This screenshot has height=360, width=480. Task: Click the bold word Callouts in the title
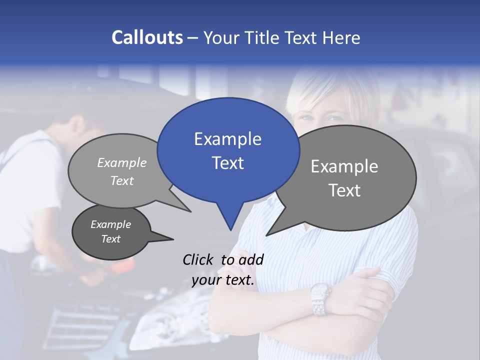(147, 37)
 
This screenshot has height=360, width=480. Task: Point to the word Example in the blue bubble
(227, 139)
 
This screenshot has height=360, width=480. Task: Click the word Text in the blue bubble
(227, 163)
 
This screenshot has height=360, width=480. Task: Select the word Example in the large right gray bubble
(344, 166)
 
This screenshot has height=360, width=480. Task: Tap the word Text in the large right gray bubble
(344, 190)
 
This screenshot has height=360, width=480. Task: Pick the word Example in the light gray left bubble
(122, 162)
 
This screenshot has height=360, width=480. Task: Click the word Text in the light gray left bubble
(122, 180)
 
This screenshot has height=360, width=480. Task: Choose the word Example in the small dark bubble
(110, 224)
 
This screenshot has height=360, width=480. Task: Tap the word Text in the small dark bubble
(110, 239)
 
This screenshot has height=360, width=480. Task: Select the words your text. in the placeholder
(223, 280)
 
